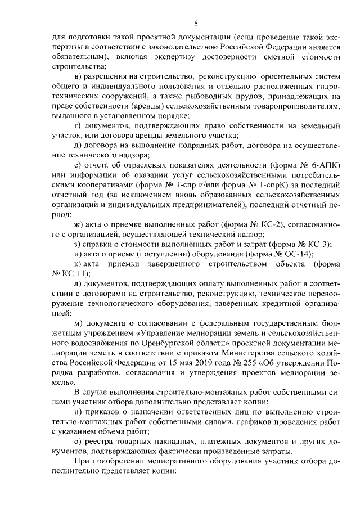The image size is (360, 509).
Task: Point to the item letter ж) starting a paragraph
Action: (79, 226)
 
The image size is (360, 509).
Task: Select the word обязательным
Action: (76, 57)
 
